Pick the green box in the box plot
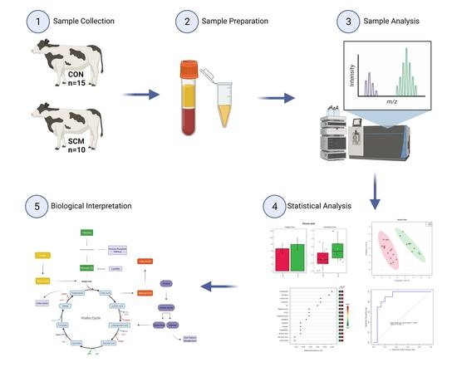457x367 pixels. [x=337, y=249]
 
